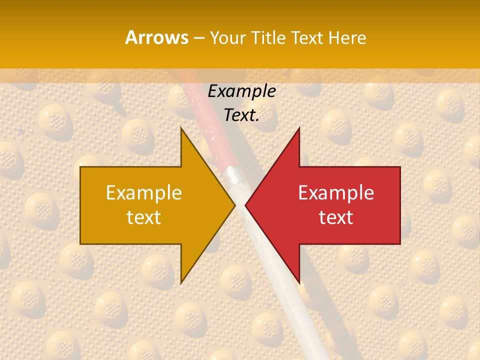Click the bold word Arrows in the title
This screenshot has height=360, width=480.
156,37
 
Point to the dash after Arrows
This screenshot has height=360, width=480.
198,38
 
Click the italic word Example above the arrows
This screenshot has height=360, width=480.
241,91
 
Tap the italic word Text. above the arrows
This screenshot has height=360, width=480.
241,115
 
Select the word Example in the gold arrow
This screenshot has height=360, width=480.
143,193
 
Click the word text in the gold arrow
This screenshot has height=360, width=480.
143,217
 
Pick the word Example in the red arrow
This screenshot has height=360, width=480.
336,193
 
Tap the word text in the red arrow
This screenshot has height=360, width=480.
336,217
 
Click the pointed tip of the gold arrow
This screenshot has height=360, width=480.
234,205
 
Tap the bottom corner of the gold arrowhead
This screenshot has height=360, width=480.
181,282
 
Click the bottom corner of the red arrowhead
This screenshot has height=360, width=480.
299,282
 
